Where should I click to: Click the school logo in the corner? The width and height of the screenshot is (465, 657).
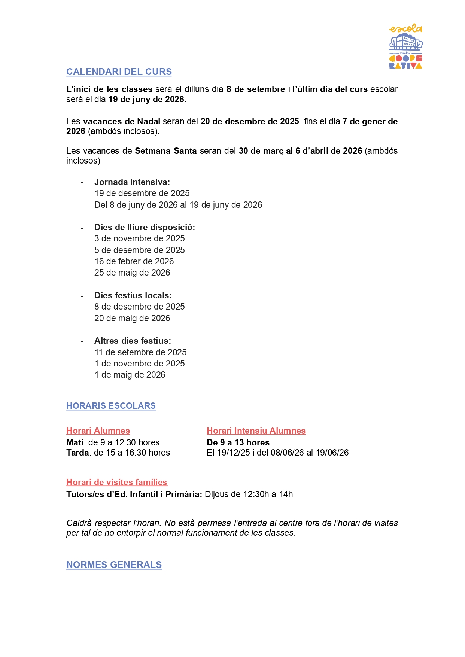(406, 46)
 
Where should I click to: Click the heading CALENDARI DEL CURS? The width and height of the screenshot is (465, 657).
(119, 72)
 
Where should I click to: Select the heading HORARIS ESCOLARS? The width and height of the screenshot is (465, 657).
(111, 406)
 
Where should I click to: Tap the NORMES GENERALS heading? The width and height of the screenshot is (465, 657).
(114, 565)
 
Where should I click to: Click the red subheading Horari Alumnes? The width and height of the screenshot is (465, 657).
(98, 431)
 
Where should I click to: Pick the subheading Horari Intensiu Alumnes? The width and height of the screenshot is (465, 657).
(256, 431)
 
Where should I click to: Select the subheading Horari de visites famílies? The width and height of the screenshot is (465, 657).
(117, 483)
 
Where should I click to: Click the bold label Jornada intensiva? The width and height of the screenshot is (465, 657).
(132, 182)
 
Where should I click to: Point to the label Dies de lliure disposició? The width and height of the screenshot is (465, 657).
(145, 228)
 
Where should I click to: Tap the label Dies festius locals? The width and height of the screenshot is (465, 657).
(133, 296)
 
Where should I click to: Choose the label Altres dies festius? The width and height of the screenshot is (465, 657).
(133, 341)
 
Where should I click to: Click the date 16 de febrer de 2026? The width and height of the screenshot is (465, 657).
(134, 261)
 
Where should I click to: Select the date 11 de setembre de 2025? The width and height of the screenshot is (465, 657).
(140, 352)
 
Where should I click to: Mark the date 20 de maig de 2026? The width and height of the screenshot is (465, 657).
(132, 318)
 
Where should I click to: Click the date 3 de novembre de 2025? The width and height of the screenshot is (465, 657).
(140, 238)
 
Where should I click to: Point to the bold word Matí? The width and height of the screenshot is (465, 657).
(75, 443)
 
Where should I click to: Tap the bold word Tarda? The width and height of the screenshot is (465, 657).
(77, 453)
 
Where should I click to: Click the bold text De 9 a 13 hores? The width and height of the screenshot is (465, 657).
(238, 443)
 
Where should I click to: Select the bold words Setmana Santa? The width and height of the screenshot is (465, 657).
(166, 151)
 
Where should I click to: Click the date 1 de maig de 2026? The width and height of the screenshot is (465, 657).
(130, 375)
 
